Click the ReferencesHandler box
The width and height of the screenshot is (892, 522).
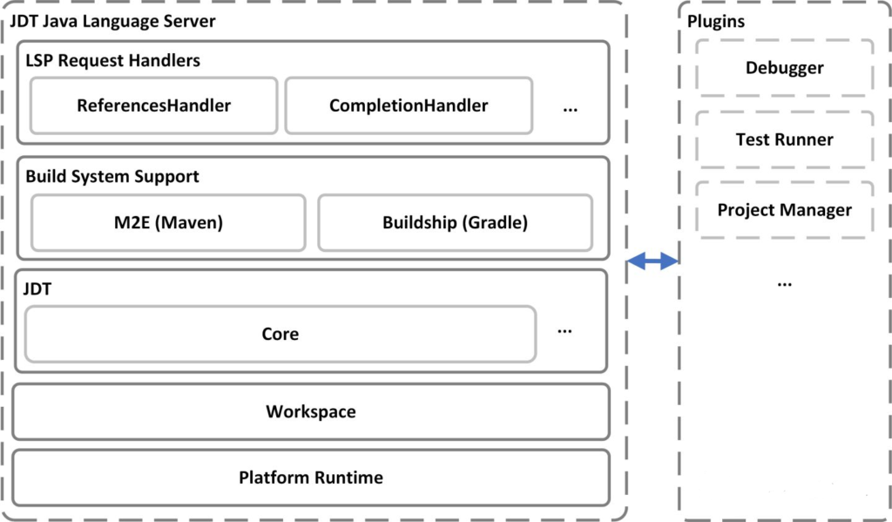point(154,105)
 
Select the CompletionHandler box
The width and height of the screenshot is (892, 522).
point(409,105)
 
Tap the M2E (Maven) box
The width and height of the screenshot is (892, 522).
point(169,222)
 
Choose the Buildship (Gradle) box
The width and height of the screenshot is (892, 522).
point(455,222)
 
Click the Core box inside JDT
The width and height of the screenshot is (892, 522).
point(280,334)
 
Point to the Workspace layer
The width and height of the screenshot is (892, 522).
point(311,411)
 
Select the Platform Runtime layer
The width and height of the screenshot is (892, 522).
point(311,478)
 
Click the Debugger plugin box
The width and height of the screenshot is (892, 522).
point(784,68)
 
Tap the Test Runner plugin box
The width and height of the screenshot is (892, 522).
point(784,139)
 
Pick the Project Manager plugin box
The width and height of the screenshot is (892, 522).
point(784,210)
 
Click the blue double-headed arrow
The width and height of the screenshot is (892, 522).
point(653,260)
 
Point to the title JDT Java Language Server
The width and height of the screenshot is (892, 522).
point(112,20)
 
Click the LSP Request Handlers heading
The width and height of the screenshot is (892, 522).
point(112,61)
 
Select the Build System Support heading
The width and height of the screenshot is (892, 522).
point(112,176)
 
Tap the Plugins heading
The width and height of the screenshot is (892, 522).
point(716,22)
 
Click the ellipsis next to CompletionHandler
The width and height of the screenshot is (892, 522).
point(571,110)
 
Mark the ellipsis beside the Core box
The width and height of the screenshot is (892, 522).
point(564,331)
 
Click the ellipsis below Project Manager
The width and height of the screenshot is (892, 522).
point(784,284)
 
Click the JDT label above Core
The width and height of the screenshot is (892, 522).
point(38,290)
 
